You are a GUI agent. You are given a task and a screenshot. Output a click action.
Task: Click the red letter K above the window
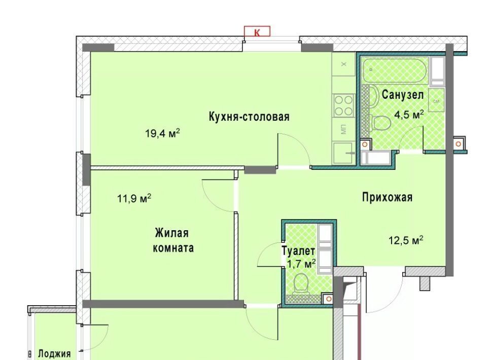[257, 32]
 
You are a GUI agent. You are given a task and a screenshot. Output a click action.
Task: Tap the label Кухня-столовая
[249, 117]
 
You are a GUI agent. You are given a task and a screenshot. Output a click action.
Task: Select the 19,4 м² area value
[162, 133]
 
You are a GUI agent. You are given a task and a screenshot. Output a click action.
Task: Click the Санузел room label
[402, 95]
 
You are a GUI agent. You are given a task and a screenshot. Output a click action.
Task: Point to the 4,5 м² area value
[409, 115]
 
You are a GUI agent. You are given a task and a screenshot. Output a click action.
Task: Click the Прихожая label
[387, 197]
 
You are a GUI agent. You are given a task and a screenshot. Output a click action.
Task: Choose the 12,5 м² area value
[406, 240]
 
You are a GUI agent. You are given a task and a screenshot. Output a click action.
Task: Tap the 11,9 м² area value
[134, 198]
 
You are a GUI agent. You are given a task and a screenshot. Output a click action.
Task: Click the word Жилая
[172, 233]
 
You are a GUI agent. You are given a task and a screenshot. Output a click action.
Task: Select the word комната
[173, 248]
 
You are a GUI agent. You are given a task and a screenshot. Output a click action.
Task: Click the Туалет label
[298, 251]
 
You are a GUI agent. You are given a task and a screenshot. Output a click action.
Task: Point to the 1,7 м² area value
[301, 264]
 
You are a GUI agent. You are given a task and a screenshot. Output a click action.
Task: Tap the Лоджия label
[54, 353]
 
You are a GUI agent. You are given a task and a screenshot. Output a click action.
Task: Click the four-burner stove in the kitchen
[343, 105]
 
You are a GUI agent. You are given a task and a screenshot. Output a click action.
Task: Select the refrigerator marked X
[343, 64]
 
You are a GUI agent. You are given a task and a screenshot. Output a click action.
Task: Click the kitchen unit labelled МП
[343, 129]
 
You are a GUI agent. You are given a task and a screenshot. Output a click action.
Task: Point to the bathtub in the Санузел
[396, 70]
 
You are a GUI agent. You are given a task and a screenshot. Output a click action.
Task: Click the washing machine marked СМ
[436, 100]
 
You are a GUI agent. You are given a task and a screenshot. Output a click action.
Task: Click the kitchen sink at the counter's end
[343, 153]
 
